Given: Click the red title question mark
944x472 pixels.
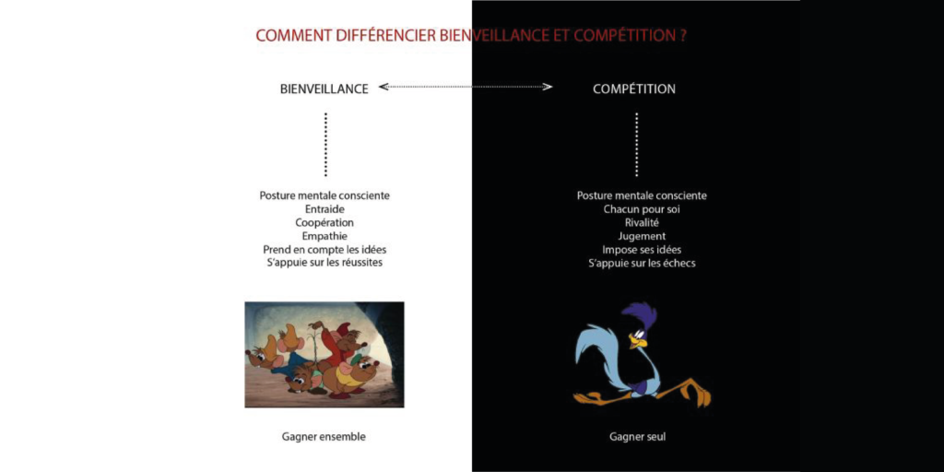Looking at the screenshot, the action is click(683, 35).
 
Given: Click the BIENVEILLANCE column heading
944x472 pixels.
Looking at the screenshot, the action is click(324, 89).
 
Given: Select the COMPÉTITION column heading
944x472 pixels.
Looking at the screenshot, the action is click(634, 89).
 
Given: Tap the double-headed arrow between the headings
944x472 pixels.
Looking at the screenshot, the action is click(466, 87).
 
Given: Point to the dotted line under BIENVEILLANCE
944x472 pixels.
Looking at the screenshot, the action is click(325, 144).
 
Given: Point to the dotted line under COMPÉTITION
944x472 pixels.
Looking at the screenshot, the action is click(636, 144).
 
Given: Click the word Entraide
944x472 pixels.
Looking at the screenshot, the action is click(325, 209).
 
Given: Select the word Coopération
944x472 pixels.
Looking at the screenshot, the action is click(325, 223).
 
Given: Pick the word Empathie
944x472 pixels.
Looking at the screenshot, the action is click(325, 236).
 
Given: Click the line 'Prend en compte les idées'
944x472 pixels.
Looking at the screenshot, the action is click(325, 249).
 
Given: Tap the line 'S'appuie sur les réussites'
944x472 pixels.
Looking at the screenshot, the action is click(325, 263).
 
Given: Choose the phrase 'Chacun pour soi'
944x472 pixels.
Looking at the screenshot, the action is click(642, 209).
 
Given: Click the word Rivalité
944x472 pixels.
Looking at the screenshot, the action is click(642, 223).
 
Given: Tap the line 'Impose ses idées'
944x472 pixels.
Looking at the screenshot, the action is click(642, 249).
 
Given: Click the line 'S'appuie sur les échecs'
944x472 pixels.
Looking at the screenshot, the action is click(642, 263).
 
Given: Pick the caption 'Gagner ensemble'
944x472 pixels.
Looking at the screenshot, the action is click(324, 436).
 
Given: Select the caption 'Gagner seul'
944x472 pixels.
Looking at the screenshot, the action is click(638, 436).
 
